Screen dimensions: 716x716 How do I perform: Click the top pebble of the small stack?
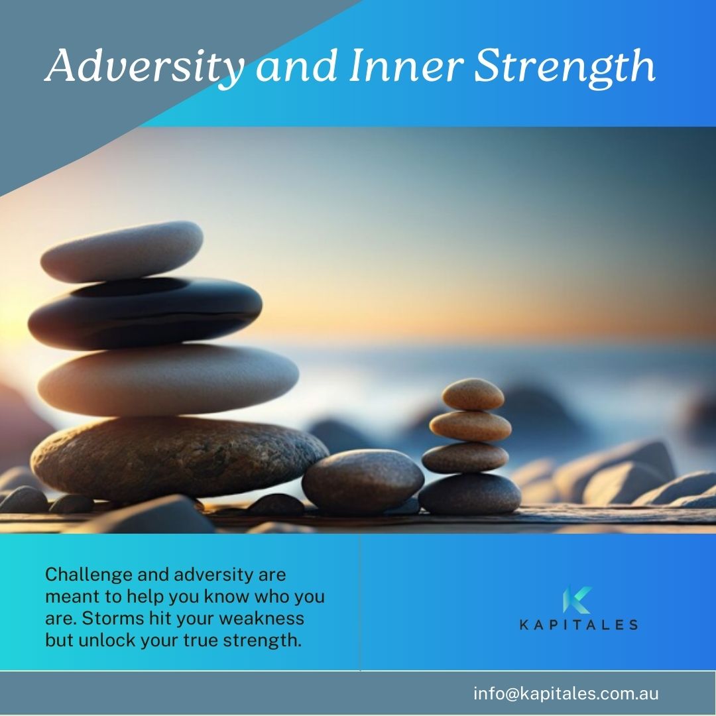tap(473, 394)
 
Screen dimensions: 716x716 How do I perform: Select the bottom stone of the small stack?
tap(469, 494)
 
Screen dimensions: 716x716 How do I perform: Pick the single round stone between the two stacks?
tap(363, 481)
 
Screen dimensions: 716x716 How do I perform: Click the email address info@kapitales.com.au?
tap(566, 693)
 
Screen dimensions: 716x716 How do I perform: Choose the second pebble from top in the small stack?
tap(471, 426)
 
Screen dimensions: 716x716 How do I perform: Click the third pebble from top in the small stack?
tap(465, 457)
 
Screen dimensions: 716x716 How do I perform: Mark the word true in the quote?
tap(202, 641)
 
